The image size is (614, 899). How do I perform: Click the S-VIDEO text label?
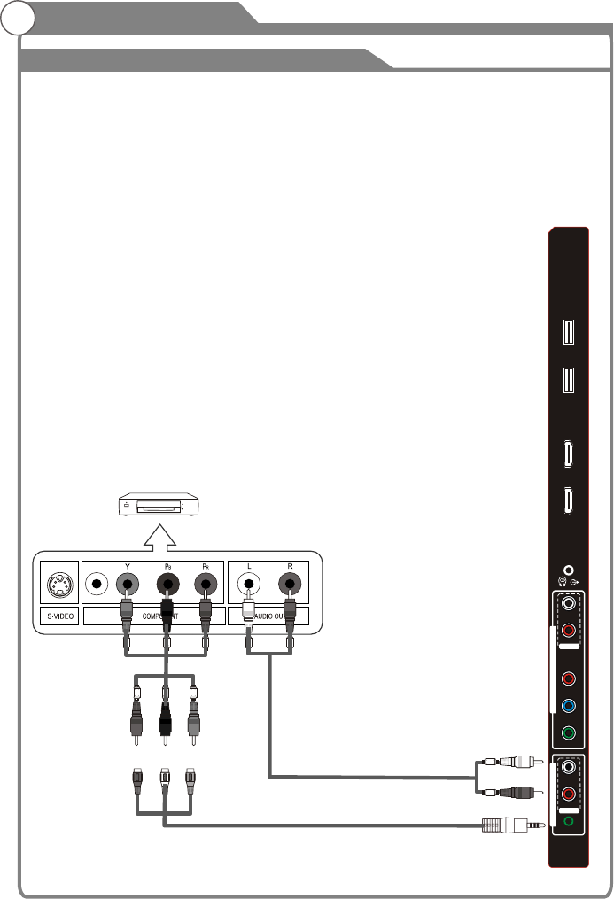(x=59, y=616)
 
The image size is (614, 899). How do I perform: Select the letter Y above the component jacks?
(x=127, y=564)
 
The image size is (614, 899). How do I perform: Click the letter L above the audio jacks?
(x=249, y=564)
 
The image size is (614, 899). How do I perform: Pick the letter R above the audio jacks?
(x=289, y=564)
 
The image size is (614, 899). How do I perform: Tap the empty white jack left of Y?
(x=94, y=584)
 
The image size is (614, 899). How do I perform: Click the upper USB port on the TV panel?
(x=568, y=331)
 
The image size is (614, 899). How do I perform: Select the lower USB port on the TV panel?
(x=568, y=380)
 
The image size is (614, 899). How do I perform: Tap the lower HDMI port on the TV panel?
(x=568, y=500)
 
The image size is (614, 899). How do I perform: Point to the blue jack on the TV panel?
(x=568, y=706)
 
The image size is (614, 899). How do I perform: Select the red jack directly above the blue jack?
(x=568, y=679)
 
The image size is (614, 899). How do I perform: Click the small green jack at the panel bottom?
(x=568, y=821)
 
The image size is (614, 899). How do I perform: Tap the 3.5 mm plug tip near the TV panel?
(x=538, y=825)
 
